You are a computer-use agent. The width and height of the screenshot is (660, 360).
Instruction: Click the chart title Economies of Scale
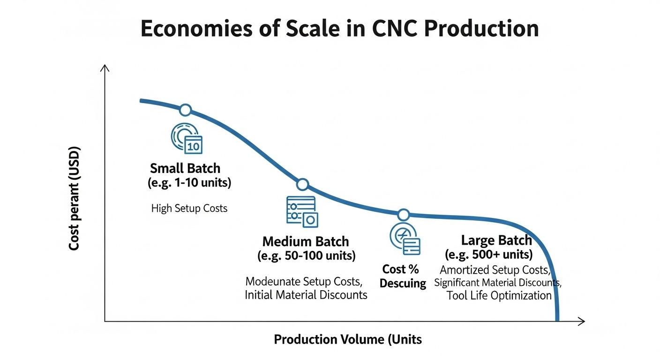click(x=339, y=29)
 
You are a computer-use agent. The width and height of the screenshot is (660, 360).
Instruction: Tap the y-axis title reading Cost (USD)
click(x=74, y=199)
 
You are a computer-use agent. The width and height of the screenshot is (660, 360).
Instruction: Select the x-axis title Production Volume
click(x=347, y=339)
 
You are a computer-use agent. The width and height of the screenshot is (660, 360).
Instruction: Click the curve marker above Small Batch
click(x=186, y=110)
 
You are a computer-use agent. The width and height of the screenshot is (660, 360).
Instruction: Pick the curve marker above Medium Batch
click(x=303, y=185)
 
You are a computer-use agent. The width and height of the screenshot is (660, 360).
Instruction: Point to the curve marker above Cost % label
click(x=403, y=215)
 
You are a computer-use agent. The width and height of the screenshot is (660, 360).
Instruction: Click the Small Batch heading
click(x=185, y=168)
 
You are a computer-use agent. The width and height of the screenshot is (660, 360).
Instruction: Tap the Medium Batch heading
click(x=306, y=242)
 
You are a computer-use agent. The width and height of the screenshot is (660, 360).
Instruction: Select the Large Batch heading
click(x=496, y=240)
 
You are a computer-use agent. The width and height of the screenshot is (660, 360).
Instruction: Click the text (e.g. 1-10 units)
click(x=189, y=183)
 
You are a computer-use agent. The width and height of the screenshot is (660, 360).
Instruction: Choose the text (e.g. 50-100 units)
click(x=306, y=256)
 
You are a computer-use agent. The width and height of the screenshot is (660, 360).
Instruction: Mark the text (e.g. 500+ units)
click(x=488, y=255)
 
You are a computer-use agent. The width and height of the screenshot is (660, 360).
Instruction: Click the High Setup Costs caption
click(x=189, y=208)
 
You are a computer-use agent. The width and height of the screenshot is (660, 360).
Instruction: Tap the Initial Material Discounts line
click(x=306, y=295)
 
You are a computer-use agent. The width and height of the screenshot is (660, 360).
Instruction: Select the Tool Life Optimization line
click(x=499, y=296)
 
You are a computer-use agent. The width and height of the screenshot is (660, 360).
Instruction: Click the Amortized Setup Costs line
click(x=495, y=270)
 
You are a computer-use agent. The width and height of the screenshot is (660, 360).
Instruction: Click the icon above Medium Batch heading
click(x=302, y=211)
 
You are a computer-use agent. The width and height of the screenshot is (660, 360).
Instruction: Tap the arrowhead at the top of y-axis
click(x=105, y=68)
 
